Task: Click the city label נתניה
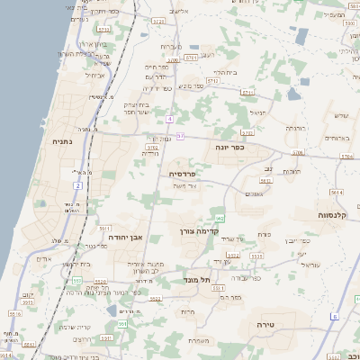[62, 141]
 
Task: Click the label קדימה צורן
[198, 230]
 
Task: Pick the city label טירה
[264, 323]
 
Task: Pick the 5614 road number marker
[337, 192]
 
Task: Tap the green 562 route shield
[220, 219]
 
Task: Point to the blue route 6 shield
[332, 316]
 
